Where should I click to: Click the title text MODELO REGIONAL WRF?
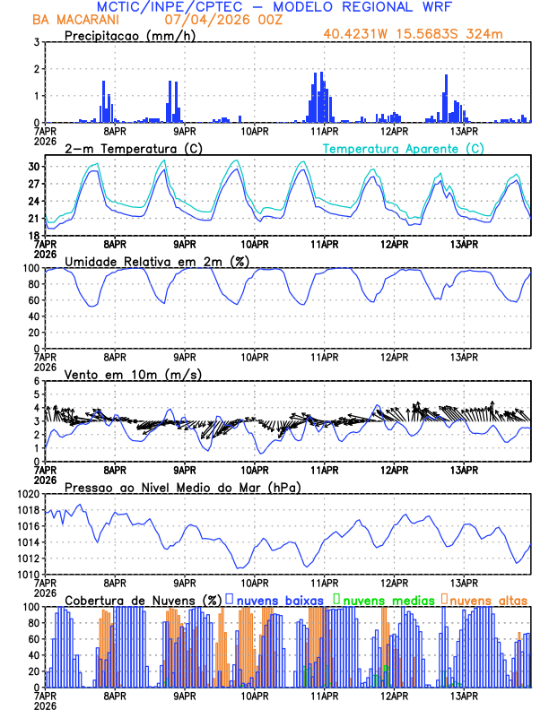(374, 7)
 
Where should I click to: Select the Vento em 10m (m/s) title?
(119, 374)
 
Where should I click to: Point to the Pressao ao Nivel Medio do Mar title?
(182, 487)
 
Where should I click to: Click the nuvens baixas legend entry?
(281, 600)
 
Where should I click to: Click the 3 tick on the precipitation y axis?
(35, 42)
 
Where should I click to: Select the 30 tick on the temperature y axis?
(33, 167)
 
